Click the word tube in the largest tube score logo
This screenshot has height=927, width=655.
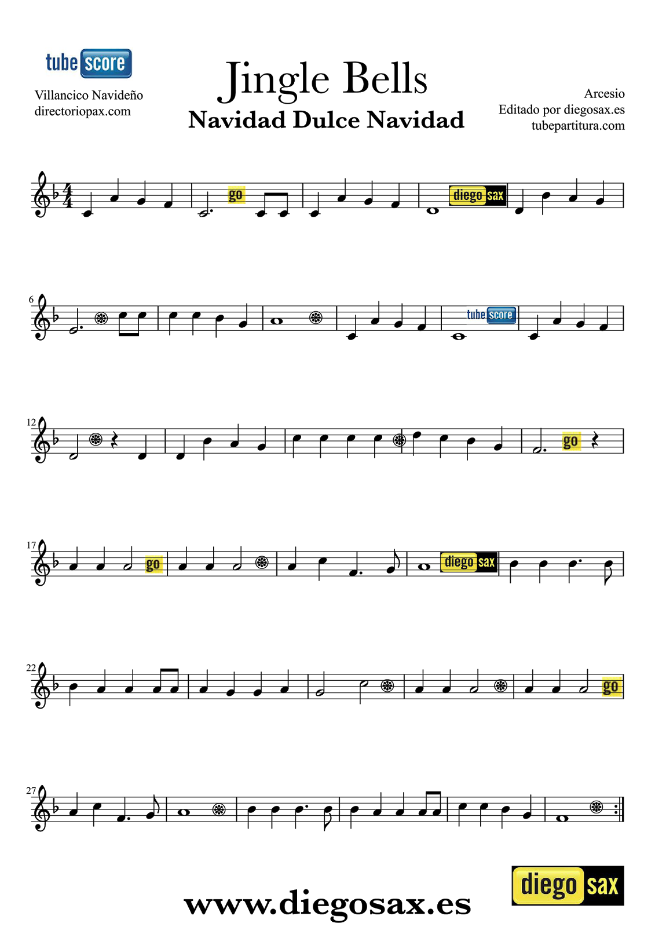click(x=61, y=63)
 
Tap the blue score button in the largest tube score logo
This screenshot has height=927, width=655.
click(x=106, y=63)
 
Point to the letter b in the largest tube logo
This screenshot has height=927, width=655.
click(x=65, y=62)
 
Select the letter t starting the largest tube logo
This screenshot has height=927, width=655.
click(x=49, y=63)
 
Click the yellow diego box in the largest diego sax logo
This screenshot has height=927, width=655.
click(x=548, y=885)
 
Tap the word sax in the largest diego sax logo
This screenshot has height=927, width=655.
click(x=602, y=885)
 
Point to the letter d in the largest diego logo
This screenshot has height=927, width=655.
click(x=526, y=884)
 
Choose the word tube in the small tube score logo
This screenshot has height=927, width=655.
click(x=475, y=315)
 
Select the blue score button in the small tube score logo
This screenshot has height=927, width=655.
click(x=501, y=315)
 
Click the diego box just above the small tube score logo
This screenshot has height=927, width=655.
click(x=467, y=195)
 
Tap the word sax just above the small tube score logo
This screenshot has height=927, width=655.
click(x=495, y=195)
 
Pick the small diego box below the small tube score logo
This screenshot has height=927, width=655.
click(x=459, y=562)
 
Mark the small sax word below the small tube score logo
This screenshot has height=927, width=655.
click(x=486, y=562)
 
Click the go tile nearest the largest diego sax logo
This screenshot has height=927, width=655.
click(x=612, y=687)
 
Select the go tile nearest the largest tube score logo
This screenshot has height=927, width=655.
click(x=236, y=195)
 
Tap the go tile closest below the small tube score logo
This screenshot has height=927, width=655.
click(x=571, y=441)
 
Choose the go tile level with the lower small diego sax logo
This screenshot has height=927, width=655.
click(x=154, y=564)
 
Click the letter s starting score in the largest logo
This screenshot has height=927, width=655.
click(x=89, y=64)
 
